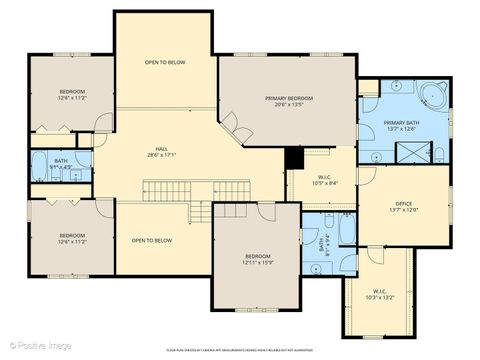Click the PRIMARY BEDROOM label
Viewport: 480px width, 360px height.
point(289,98)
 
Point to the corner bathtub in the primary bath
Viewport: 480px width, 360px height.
point(433,97)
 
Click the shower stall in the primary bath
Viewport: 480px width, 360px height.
point(412,153)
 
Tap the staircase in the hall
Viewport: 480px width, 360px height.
point(166,190)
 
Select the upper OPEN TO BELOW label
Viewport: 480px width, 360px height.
point(164,62)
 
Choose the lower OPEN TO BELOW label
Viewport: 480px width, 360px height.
point(152,240)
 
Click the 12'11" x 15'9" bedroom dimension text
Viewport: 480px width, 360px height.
point(257,262)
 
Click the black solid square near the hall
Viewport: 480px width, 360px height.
point(293,158)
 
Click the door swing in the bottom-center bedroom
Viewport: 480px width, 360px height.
point(265,211)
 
